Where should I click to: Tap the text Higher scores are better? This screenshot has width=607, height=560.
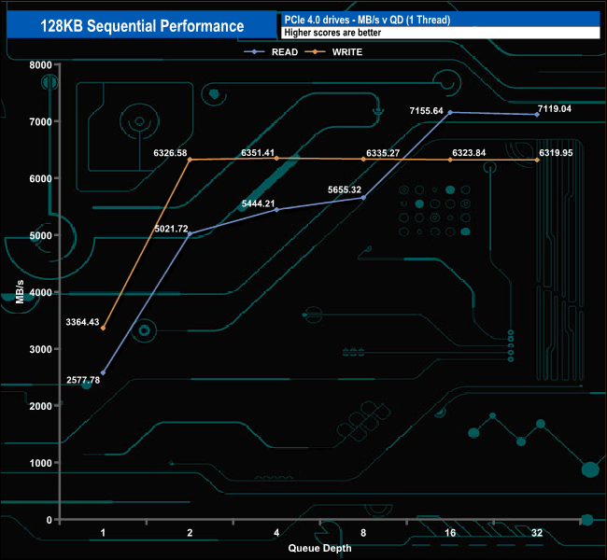[x=331, y=32]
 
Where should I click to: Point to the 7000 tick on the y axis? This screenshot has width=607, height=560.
[x=39, y=121]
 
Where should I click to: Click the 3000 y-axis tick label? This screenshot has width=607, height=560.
[x=39, y=349]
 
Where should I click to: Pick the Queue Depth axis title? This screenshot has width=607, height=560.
[x=319, y=549]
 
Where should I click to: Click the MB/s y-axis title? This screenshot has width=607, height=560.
[x=20, y=291]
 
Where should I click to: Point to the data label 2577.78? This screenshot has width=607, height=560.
[x=83, y=380]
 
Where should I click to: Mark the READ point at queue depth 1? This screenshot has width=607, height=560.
[x=103, y=372]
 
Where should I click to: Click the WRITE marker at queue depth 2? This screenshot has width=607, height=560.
[x=190, y=160]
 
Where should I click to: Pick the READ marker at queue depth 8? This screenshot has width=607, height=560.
[x=363, y=198]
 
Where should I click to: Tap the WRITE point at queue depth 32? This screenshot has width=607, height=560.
[x=537, y=160]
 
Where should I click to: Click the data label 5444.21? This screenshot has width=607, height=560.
[x=259, y=203]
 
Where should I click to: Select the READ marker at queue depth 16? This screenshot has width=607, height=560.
[x=450, y=112]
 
